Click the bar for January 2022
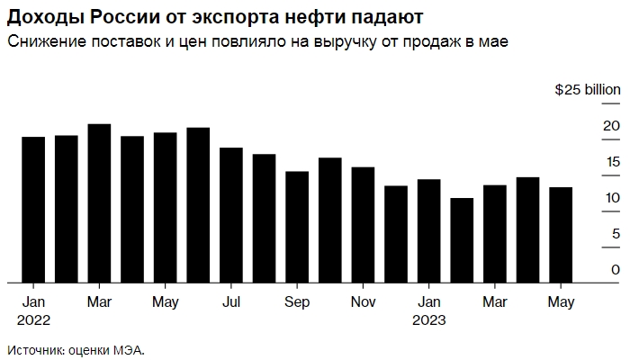(33, 209)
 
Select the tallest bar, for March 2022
(99, 202)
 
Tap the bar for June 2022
(198, 204)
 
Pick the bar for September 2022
(297, 226)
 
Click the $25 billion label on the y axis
(588, 90)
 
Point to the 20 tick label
(611, 125)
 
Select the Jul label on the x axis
(230, 301)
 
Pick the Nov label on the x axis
(363, 301)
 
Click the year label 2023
(429, 319)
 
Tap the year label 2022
(33, 319)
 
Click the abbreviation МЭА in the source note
(128, 349)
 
